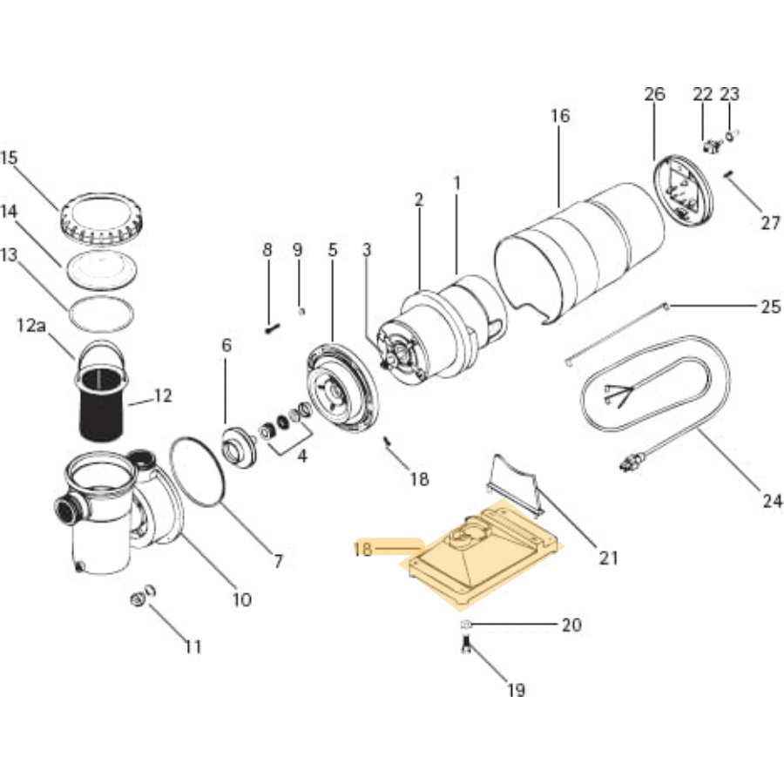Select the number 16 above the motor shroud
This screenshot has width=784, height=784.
click(x=560, y=116)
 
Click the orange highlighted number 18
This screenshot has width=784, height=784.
click(x=363, y=549)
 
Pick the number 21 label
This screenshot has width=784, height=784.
click(x=608, y=558)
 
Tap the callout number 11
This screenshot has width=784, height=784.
click(x=193, y=646)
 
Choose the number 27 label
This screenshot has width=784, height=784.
click(x=771, y=223)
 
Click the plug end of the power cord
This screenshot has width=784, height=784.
click(x=629, y=463)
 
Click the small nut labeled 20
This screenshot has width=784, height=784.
click(x=466, y=625)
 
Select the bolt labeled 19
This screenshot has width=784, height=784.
click(x=466, y=646)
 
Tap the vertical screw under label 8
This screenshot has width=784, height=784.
click(x=269, y=328)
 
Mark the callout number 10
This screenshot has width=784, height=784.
click(x=241, y=599)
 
